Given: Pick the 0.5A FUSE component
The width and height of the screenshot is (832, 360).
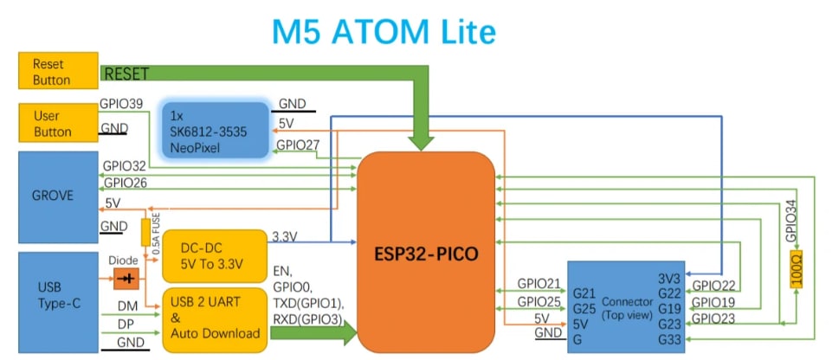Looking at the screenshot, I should [x=145, y=233].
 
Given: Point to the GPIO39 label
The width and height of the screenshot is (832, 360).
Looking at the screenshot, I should [x=120, y=104].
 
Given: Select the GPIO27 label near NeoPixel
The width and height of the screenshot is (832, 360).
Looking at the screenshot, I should [x=297, y=145].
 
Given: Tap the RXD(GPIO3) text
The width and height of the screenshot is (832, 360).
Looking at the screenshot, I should [x=306, y=321].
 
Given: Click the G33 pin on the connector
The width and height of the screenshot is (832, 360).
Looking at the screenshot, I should [x=670, y=340].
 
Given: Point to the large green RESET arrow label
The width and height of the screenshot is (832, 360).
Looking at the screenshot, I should [x=126, y=74].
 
